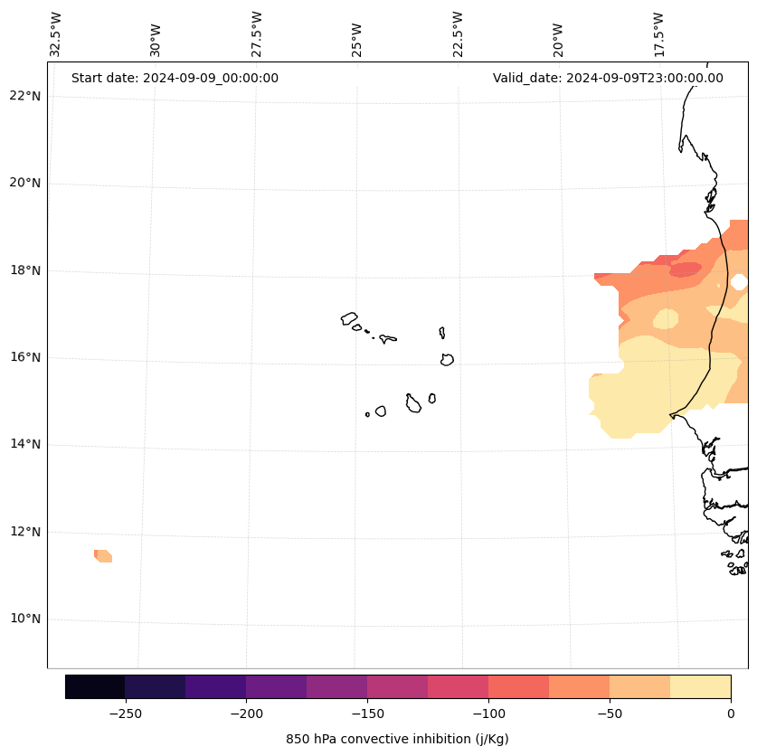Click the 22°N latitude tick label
click(x=24, y=96)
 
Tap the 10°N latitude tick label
click(x=24, y=619)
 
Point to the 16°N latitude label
click(x=24, y=357)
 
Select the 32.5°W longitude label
click(x=56, y=34)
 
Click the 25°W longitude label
click(x=357, y=41)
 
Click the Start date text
click(x=175, y=78)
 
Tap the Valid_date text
click(x=608, y=78)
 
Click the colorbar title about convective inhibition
click(x=397, y=739)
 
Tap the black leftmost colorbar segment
click(x=95, y=686)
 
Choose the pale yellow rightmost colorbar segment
click(x=700, y=686)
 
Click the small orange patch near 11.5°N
click(x=103, y=555)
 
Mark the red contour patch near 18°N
click(x=686, y=269)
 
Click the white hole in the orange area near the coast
click(x=739, y=282)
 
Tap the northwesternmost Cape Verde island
click(x=349, y=318)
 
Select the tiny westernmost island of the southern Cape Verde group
click(x=367, y=414)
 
